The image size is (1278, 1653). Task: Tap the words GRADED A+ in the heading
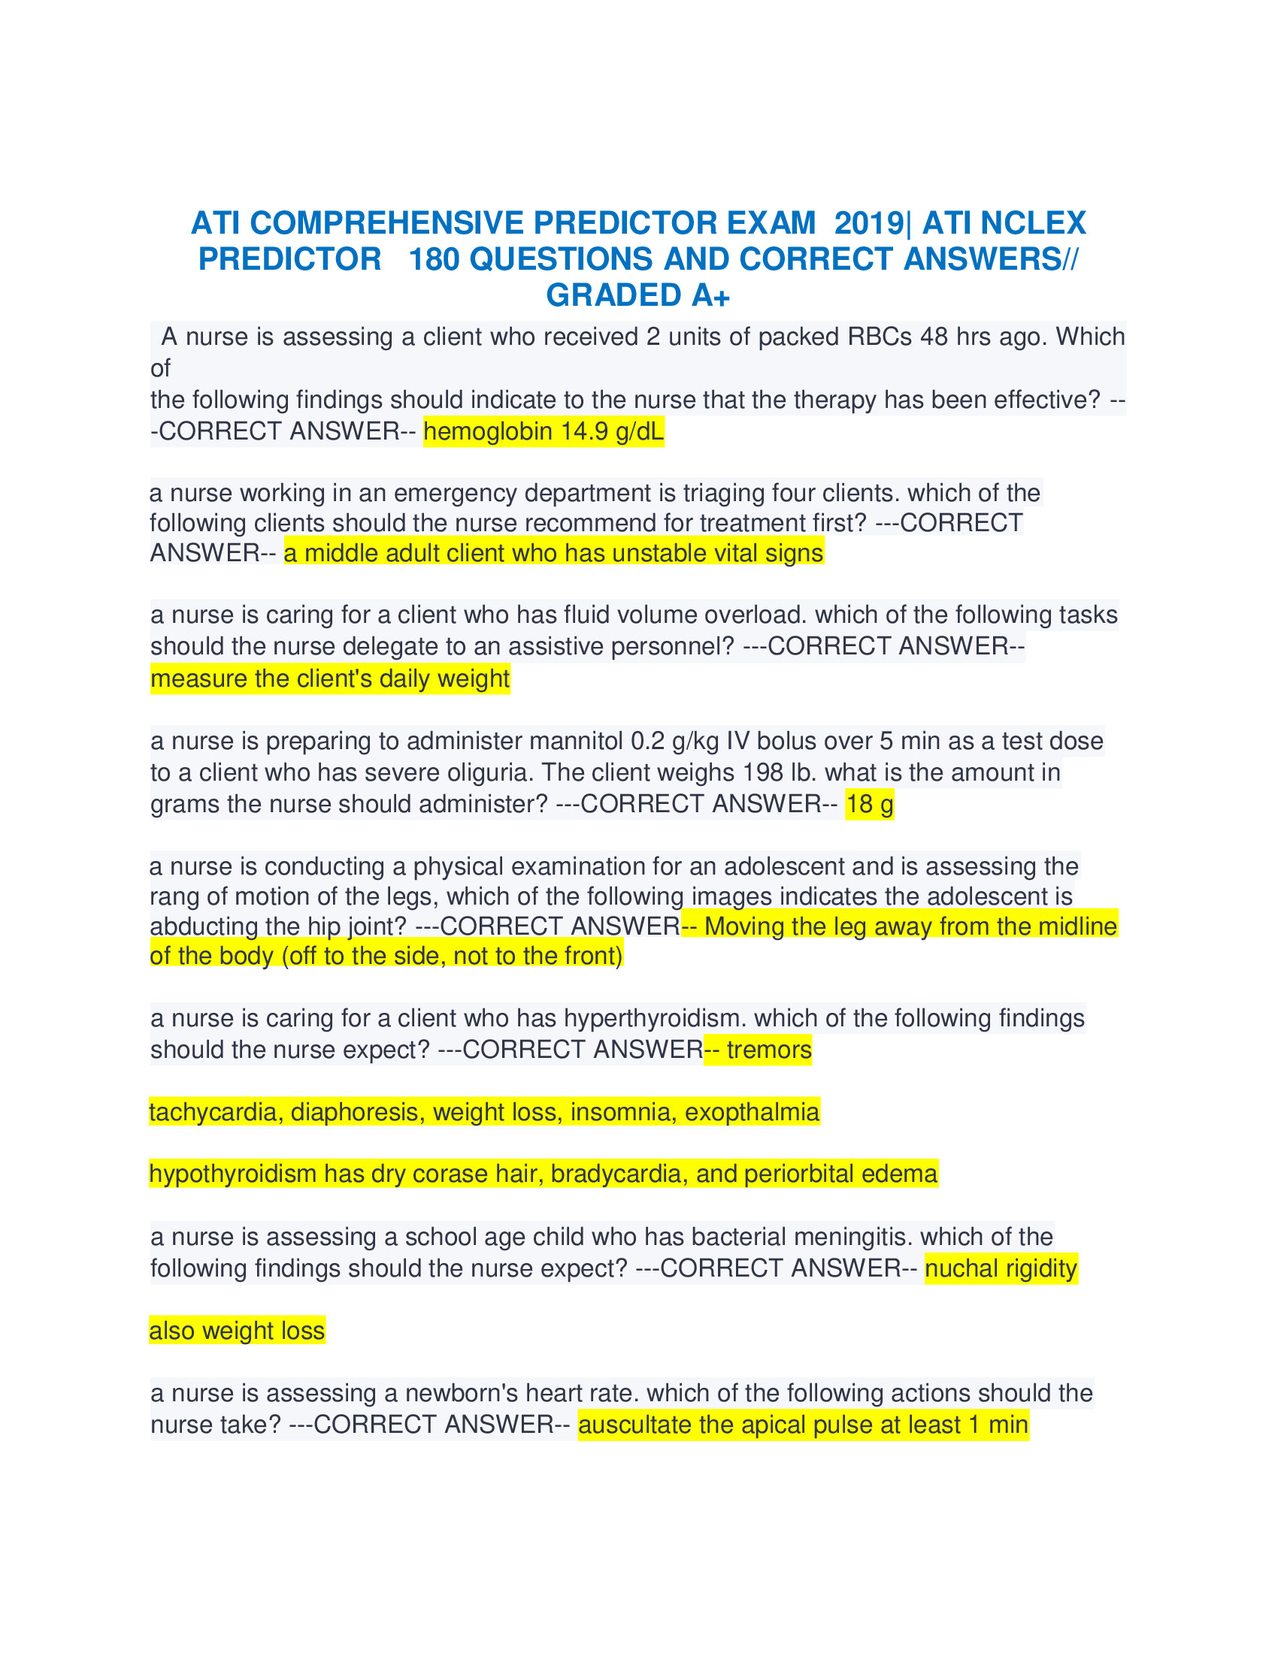pos(637,295)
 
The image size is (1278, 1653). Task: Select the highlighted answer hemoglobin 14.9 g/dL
pos(543,431)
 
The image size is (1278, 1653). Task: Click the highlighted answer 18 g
pos(869,804)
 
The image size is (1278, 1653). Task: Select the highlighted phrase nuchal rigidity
pos(1001,1268)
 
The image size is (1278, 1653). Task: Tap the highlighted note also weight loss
pos(237,1331)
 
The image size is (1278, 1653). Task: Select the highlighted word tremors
pos(768,1050)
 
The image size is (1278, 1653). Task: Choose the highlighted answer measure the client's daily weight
pos(330,678)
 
